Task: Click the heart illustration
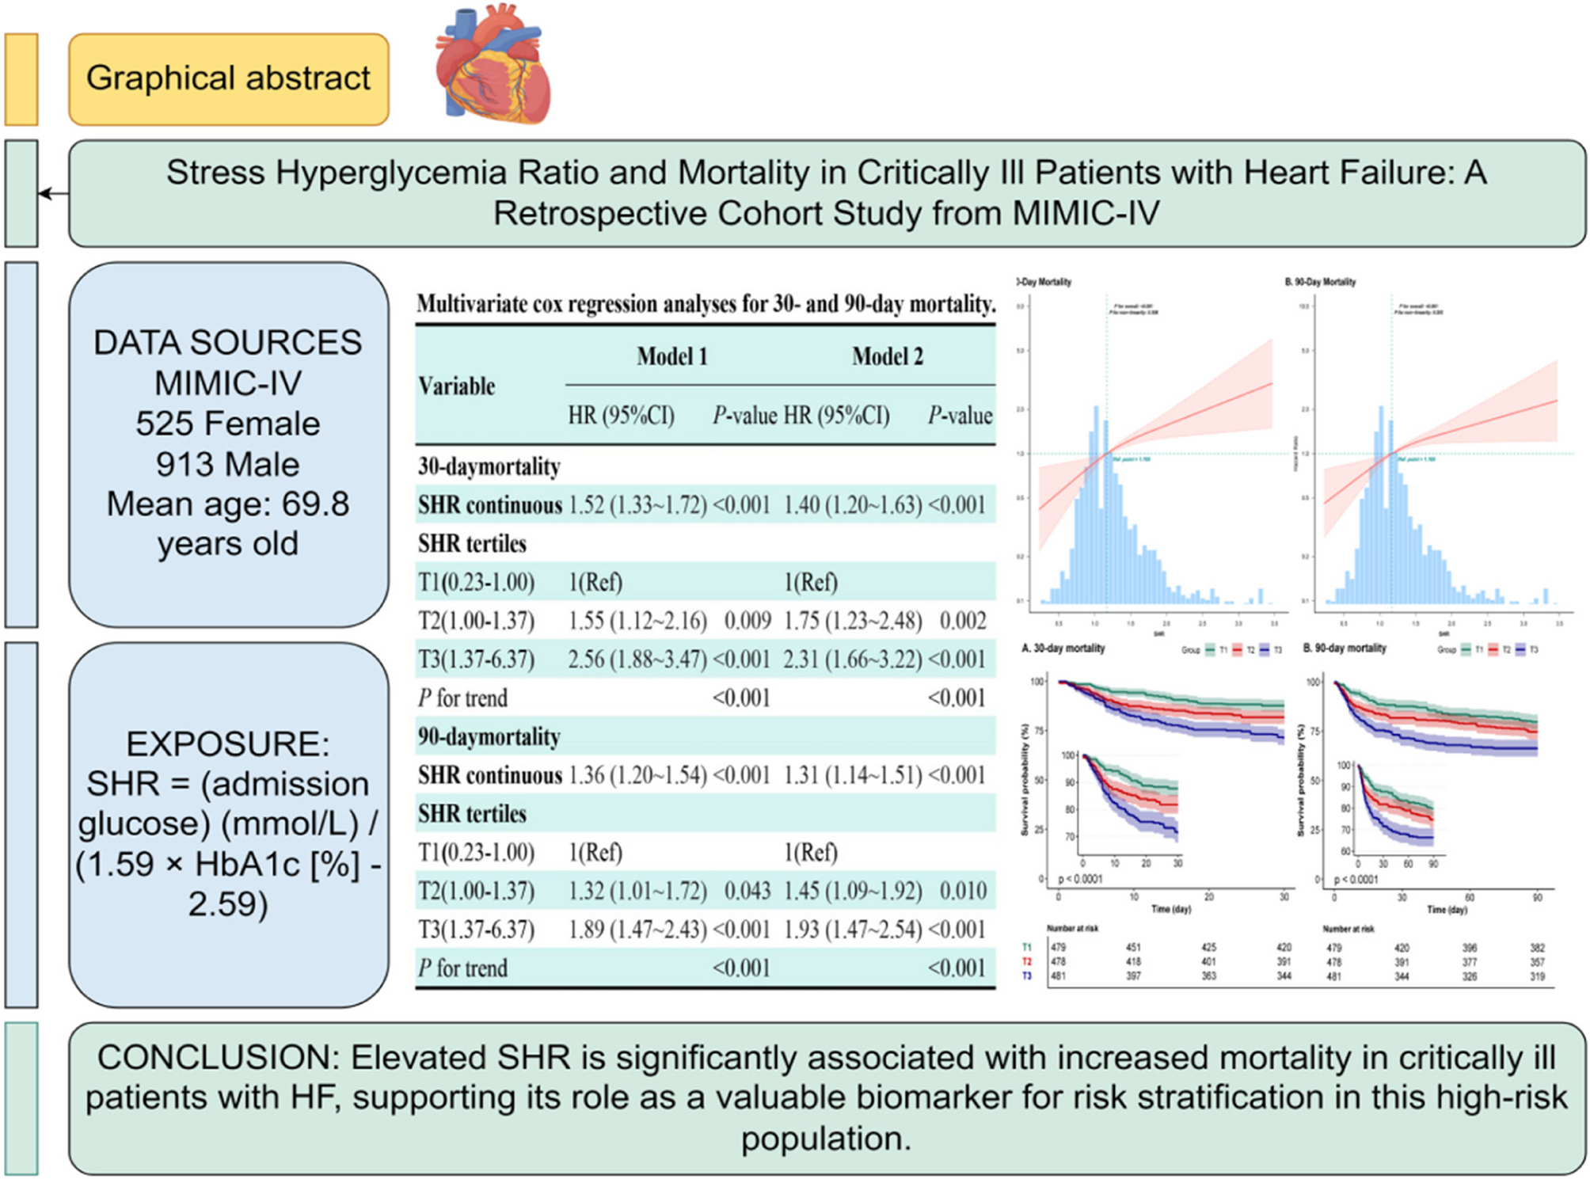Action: [493, 65]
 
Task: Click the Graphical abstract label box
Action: [228, 79]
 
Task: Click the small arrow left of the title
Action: [52, 193]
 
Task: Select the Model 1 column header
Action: [671, 357]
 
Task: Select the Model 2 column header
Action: [887, 357]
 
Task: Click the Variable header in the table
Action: [457, 386]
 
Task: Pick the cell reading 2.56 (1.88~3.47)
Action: [637, 660]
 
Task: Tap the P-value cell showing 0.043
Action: [747, 891]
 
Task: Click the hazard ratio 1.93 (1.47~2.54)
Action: [853, 930]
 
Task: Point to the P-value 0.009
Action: [747, 621]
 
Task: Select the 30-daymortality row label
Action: [489, 466]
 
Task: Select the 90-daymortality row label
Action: [489, 737]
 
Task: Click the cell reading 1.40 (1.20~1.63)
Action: [853, 505]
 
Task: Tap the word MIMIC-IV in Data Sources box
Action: [228, 383]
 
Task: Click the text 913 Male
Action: [228, 464]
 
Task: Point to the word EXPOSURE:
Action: [228, 744]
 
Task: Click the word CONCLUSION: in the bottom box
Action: [219, 1058]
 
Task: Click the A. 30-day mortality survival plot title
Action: [1063, 648]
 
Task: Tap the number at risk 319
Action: [1537, 976]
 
